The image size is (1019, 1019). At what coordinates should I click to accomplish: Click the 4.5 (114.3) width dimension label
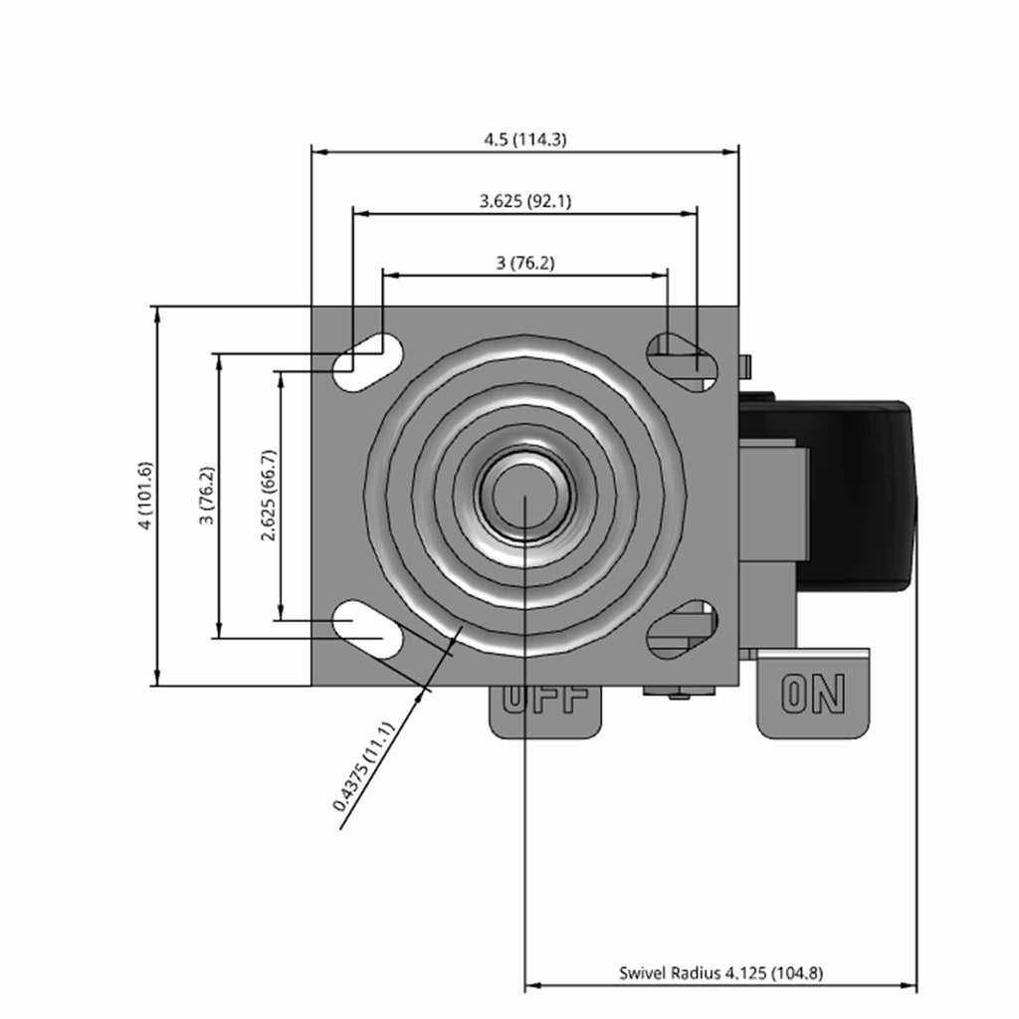point(525,139)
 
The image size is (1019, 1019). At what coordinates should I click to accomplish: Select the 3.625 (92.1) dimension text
point(525,201)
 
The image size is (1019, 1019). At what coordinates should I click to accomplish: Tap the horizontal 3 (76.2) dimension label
point(525,263)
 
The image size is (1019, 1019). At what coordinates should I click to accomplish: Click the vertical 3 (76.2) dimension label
point(207,496)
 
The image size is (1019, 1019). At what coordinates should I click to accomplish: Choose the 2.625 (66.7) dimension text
point(269,496)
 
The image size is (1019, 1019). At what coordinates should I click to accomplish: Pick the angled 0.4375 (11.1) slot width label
point(363,767)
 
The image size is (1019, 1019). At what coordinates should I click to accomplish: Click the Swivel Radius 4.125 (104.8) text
point(720,973)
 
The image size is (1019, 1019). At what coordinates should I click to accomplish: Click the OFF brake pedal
point(546,713)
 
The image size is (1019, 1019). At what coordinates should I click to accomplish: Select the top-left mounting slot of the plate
point(368,362)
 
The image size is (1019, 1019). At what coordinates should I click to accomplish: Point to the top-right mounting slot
point(682,362)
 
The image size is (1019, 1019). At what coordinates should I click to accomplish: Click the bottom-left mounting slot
point(368,629)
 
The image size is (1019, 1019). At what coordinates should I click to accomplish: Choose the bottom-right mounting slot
point(682,629)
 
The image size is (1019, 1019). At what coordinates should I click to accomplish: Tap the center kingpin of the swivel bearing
point(524,497)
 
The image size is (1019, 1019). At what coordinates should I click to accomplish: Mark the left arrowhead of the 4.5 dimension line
point(319,152)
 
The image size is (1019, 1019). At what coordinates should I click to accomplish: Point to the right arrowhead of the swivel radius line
point(910,986)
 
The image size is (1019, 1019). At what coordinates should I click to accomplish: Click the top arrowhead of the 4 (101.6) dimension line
point(156,314)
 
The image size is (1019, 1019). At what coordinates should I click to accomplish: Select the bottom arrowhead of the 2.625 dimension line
point(281,612)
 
